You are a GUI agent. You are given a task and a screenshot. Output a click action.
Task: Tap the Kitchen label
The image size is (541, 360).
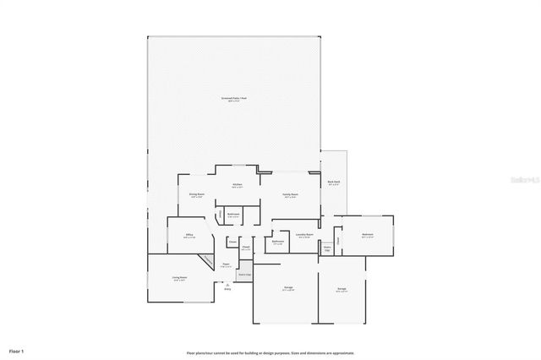(238, 186)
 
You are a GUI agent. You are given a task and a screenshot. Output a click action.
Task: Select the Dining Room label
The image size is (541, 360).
(196, 195)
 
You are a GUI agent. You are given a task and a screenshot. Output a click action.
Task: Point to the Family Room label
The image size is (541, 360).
(290, 195)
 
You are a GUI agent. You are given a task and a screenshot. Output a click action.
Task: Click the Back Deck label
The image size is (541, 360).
(333, 183)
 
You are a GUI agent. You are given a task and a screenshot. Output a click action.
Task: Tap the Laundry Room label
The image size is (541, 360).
(306, 236)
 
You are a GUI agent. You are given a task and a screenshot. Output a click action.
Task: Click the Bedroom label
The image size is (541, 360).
(368, 236)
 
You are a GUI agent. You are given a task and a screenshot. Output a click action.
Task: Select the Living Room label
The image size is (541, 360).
(179, 278)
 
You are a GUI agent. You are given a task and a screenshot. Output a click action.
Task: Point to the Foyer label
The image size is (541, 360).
(227, 265)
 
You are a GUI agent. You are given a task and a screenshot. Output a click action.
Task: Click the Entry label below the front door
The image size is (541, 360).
(227, 288)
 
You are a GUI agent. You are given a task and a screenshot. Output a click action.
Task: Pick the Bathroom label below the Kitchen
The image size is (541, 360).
(233, 215)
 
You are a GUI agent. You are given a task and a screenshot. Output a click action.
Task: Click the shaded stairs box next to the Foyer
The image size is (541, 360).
(244, 272)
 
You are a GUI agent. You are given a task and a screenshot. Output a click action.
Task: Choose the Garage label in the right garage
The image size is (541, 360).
(342, 290)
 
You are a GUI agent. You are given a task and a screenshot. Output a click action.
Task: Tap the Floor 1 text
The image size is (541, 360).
(17, 350)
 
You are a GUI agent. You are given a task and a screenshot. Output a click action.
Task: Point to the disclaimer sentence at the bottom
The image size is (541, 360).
(270, 353)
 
